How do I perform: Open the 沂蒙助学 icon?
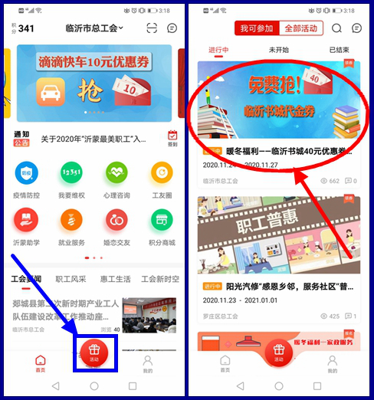(26, 220)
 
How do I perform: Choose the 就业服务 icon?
(71, 220)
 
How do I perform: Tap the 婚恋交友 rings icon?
(116, 220)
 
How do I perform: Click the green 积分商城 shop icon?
(162, 220)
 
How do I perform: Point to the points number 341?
(26, 29)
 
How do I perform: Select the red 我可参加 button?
(256, 28)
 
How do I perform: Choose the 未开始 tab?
(278, 50)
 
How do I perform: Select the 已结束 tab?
(340, 50)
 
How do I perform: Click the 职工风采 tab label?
(71, 279)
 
